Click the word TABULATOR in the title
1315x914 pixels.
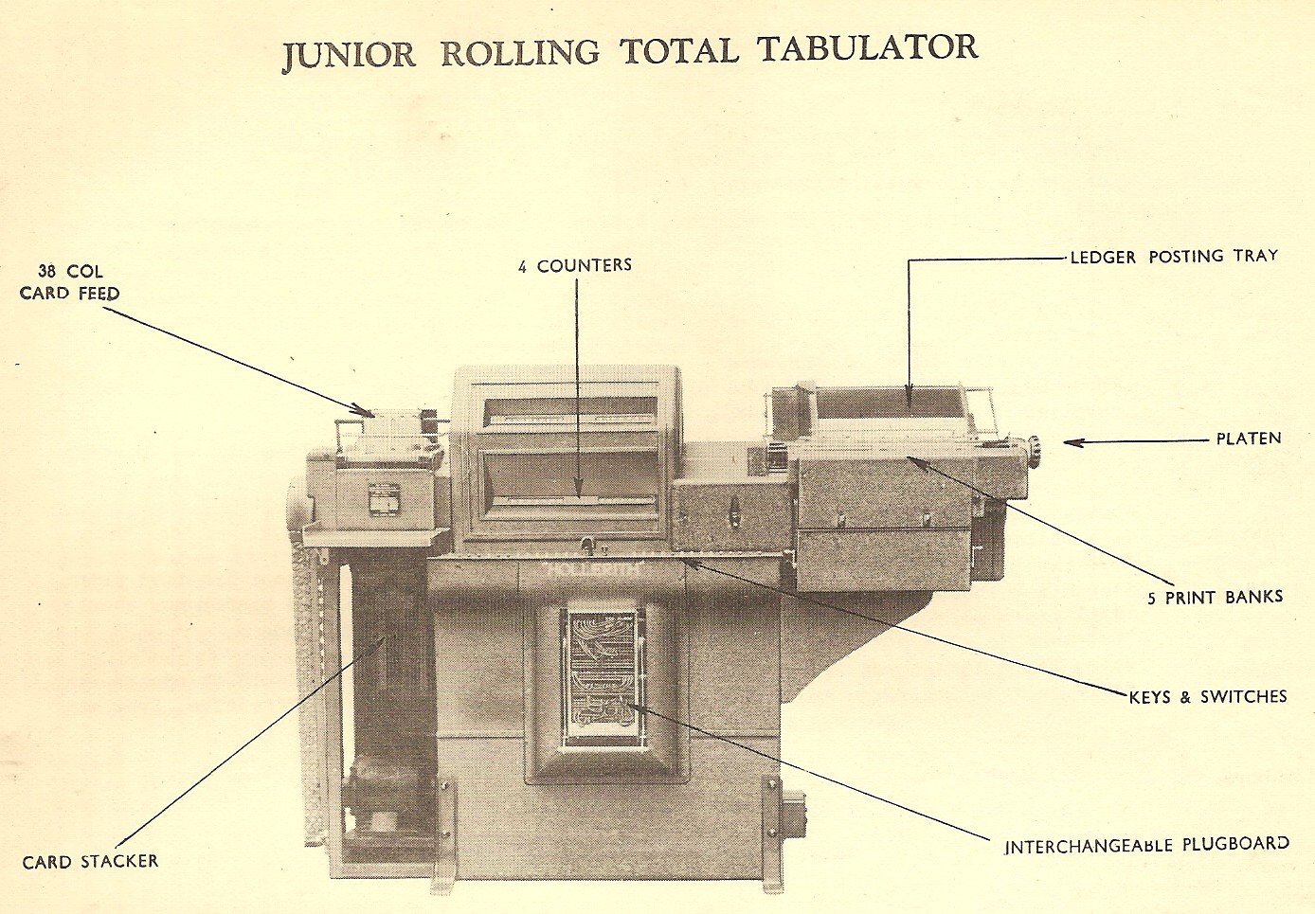coord(867,48)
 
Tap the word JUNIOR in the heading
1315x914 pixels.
coord(349,55)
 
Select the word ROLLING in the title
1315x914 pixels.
coord(520,52)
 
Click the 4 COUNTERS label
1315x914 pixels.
coord(574,266)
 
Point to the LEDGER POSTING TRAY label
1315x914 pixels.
coord(1173,257)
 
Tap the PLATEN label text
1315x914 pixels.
coord(1248,439)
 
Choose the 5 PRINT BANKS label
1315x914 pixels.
coord(1215,598)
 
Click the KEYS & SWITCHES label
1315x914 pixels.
coord(1207,697)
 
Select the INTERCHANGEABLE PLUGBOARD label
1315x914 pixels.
coord(1146,844)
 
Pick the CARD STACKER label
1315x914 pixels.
coord(90,862)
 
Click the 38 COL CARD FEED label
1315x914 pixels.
coord(70,282)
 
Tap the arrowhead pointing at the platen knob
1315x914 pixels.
coord(1069,441)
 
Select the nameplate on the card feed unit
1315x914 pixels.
coord(386,499)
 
